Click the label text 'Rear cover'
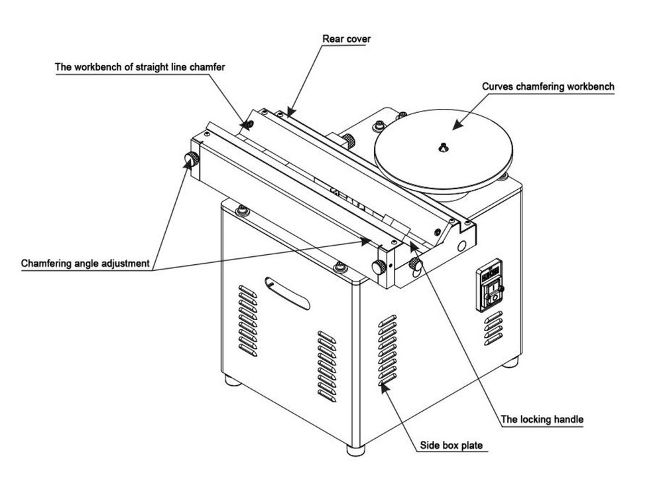346,39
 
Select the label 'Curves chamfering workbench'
548,86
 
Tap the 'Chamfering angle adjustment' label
85,264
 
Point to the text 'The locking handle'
542,420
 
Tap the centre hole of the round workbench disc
442,148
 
